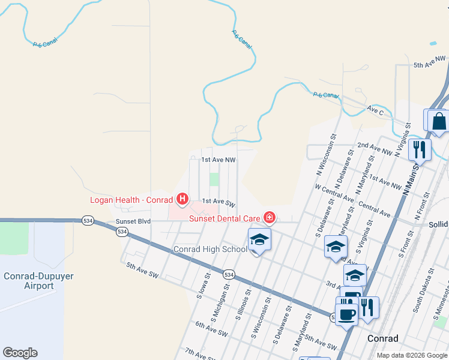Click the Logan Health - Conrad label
click(x=130, y=200)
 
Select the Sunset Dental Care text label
click(x=224, y=218)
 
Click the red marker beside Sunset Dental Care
click(x=270, y=217)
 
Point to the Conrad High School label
click(x=210, y=249)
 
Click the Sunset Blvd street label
click(x=133, y=221)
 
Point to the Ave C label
click(x=375, y=110)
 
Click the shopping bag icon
click(x=439, y=121)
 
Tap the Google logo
click(x=20, y=353)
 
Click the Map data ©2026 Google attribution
click(x=411, y=355)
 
